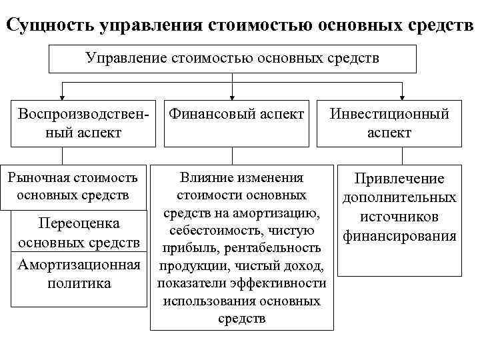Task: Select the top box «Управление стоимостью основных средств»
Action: click(232, 58)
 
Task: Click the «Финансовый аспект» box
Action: click(236, 115)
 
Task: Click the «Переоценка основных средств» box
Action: click(79, 232)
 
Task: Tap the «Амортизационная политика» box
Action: click(79, 274)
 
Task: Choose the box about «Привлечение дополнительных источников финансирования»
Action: click(399, 207)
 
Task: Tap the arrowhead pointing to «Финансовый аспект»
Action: click(232, 95)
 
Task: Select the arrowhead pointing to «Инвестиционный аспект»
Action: click(402, 95)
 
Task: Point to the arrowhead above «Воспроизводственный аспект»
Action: click(62, 95)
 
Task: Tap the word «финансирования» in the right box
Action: click(399, 235)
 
